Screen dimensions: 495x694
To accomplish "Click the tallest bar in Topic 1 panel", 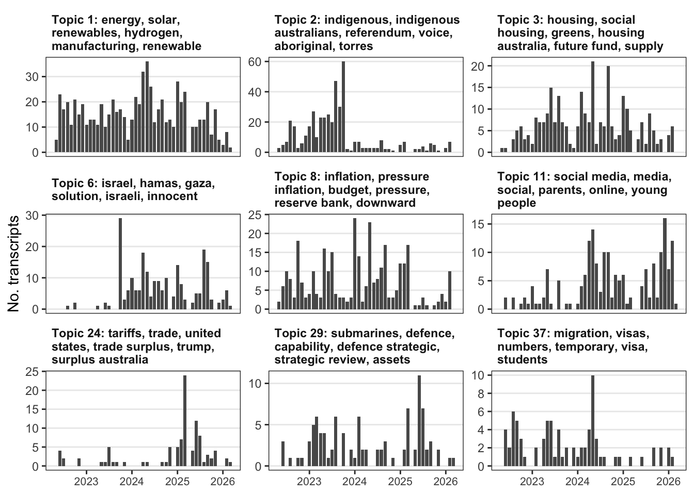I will tap(147, 107).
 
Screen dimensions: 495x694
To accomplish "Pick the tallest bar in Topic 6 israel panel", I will tap(120, 263).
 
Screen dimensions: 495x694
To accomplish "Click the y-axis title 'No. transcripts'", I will tap(14, 263).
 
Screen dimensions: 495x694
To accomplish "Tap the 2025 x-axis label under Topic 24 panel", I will tap(177, 482).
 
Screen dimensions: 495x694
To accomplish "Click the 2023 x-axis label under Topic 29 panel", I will tap(309, 482).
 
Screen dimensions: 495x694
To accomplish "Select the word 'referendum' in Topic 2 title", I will tap(378, 33).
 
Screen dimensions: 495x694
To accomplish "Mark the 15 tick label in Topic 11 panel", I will tap(479, 224).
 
